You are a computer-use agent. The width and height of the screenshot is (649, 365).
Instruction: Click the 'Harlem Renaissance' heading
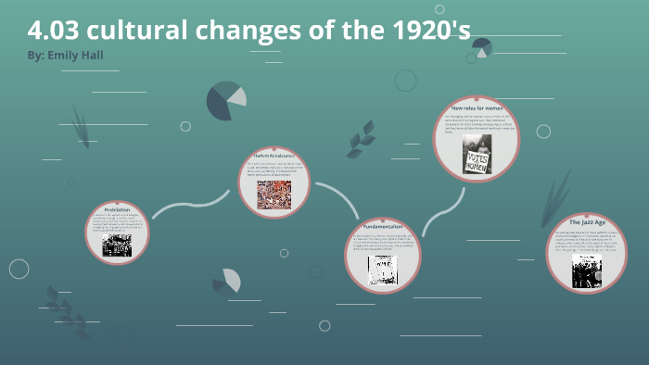[x=274, y=156]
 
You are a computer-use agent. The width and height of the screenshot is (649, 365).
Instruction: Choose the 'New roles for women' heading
[x=477, y=108]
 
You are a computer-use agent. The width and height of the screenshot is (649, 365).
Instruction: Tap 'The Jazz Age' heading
[x=588, y=222]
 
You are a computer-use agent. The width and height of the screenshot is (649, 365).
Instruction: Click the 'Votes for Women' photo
[x=477, y=154]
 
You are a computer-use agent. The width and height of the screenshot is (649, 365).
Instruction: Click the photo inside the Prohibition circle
[x=118, y=245]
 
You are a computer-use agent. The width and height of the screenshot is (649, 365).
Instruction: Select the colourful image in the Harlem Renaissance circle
[x=274, y=194]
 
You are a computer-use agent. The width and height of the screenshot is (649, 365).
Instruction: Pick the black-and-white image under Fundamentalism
[x=382, y=270]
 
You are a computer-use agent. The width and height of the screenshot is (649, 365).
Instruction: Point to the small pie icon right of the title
[x=481, y=47]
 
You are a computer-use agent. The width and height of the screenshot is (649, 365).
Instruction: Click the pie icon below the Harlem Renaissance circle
[x=227, y=281]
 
